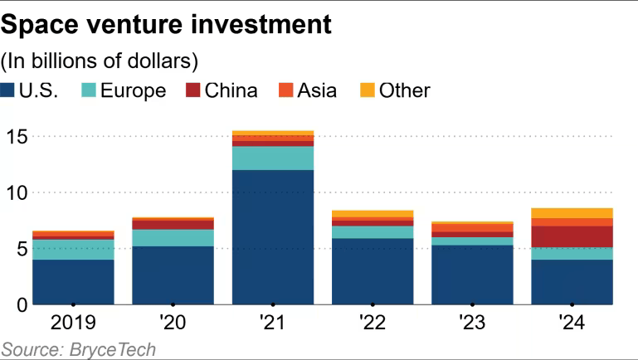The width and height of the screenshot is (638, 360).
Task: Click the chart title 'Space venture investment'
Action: pos(167,24)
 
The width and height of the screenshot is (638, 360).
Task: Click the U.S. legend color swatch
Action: pos(9,90)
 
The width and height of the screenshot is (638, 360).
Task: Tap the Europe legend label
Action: pos(134,90)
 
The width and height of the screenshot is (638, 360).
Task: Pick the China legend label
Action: pos(230,90)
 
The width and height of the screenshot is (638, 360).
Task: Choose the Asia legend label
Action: pos(317,90)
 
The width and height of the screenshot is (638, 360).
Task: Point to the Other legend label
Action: pos(404,90)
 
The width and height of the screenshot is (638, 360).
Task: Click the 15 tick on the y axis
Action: pos(16,136)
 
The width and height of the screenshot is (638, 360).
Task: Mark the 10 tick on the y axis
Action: pos(16,192)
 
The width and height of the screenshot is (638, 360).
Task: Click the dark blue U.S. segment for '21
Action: pos(273,237)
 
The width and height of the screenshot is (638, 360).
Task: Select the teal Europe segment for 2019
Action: pos(73,250)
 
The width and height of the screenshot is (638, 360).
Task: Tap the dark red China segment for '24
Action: pos(572,236)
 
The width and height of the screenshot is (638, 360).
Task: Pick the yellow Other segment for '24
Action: pos(572,213)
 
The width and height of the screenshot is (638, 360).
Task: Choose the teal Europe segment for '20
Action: pos(173,238)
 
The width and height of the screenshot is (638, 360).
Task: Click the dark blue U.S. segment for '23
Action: pos(472,275)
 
